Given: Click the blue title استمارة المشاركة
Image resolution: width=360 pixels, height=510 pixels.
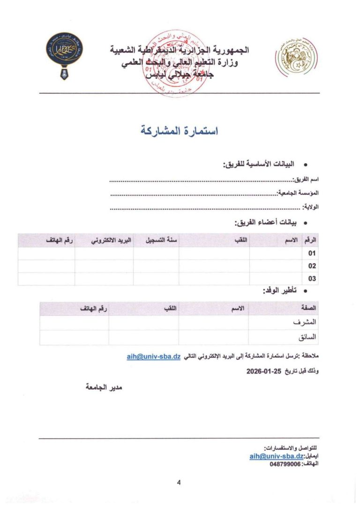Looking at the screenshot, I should click(180, 131).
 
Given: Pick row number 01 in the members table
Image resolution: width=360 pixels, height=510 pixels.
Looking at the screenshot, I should click(312, 253).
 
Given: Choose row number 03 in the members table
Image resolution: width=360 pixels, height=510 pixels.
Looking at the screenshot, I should click(312, 279).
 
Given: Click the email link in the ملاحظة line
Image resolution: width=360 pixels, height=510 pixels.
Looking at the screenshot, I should click(153, 357).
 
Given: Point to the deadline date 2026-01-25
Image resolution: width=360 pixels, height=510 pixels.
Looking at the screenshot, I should click(263, 371).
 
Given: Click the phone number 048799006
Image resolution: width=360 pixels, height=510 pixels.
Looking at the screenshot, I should click(285, 464).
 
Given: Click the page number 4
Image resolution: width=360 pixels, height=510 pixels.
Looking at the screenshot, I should click(179, 482).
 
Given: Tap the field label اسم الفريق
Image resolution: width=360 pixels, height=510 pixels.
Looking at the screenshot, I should click(305, 180).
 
